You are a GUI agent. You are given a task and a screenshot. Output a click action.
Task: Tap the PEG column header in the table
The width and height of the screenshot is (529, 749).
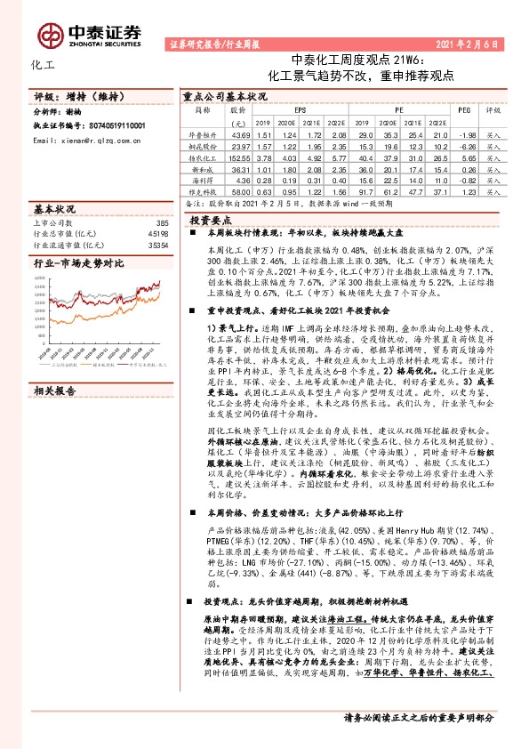point(462,109)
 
